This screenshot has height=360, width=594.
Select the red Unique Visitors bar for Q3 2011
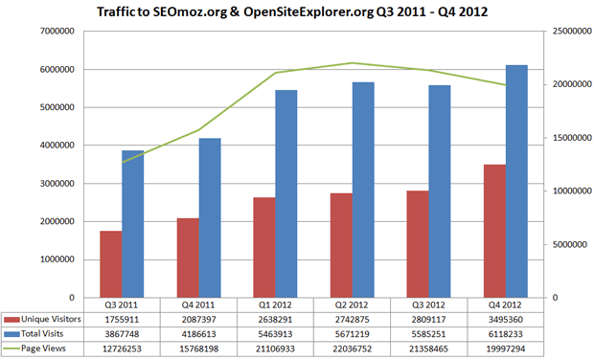(111, 263)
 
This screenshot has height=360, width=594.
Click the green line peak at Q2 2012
(353, 63)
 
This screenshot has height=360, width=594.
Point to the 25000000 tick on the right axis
(568, 32)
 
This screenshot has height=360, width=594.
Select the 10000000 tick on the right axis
(568, 191)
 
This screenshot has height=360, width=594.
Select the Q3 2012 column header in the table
(429, 304)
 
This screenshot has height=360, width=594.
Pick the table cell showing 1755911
(123, 318)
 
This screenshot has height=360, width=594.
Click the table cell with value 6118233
(507, 333)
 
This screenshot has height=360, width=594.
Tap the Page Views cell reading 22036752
(353, 349)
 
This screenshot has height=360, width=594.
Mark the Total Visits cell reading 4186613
(199, 333)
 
